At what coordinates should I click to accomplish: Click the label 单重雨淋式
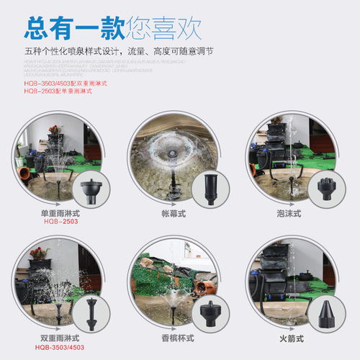click(60, 214)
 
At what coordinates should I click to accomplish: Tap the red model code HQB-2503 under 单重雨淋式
click(60, 222)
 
